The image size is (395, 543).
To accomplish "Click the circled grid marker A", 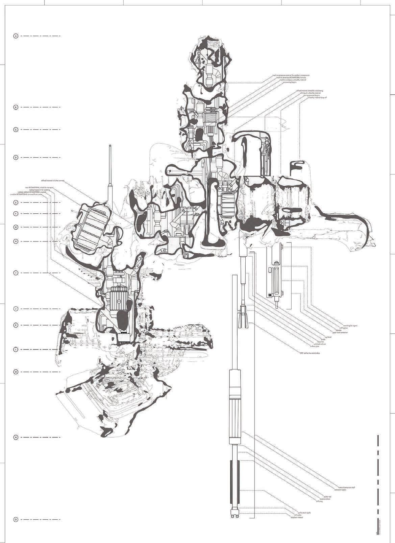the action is (15, 36).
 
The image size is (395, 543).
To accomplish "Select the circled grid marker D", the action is (15, 157).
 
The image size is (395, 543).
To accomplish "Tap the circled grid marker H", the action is (15, 241).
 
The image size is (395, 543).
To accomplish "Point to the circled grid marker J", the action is (15, 309).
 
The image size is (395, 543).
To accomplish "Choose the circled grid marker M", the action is (15, 372).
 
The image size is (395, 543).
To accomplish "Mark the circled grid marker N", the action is (15, 437).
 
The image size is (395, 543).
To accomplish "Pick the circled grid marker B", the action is (15, 107).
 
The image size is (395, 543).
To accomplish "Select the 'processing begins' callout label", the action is (290, 82).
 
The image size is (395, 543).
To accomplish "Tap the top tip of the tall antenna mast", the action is (110, 146).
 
